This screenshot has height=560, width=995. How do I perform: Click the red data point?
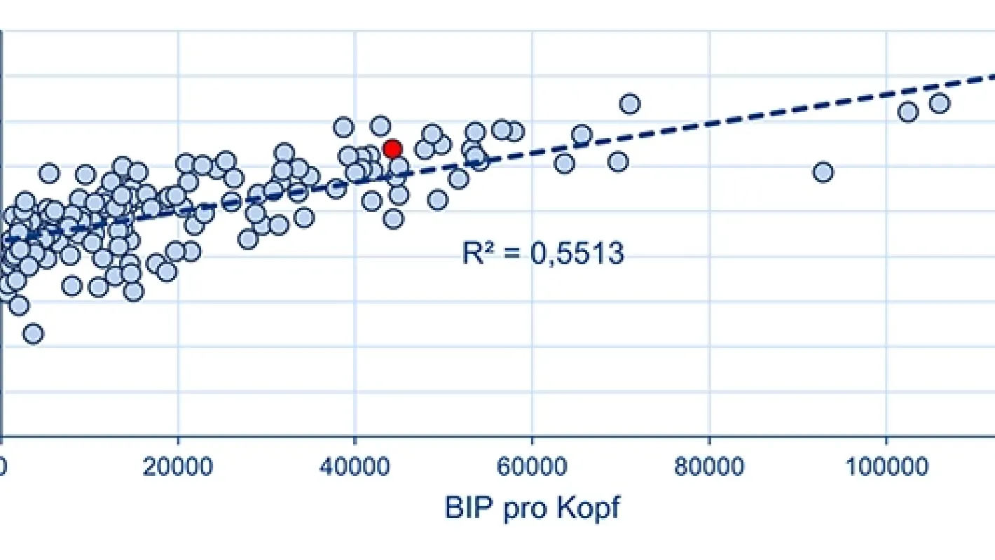click(392, 148)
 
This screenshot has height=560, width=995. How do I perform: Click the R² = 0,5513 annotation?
click(542, 253)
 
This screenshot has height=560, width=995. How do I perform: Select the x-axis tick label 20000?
click(178, 467)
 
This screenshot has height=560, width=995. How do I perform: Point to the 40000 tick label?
click(355, 467)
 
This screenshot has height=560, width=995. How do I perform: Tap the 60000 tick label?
click(533, 467)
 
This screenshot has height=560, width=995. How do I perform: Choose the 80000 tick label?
click(710, 467)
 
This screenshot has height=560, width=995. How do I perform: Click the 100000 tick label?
click(886, 467)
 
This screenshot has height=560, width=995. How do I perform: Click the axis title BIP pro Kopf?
click(533, 508)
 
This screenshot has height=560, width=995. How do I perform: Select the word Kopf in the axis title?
click(588, 508)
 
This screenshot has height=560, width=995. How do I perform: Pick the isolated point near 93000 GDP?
click(823, 171)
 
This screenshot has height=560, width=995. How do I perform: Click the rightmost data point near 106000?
click(939, 103)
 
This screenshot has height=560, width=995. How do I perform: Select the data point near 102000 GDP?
click(907, 111)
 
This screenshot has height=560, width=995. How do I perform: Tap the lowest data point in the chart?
click(33, 333)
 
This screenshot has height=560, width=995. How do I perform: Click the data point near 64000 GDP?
click(564, 163)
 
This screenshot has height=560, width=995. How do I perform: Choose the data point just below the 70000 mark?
click(617, 162)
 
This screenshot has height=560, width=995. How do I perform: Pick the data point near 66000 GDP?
click(582, 134)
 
